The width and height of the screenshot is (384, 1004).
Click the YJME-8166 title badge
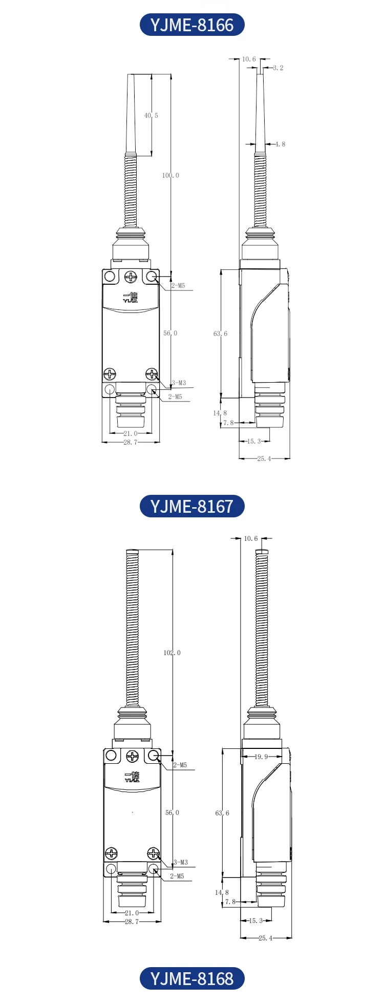192,25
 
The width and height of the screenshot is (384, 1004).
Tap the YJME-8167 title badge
192,506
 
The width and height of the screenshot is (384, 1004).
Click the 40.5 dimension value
151,116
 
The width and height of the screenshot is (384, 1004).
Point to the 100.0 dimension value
171,176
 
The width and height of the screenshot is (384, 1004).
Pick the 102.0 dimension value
172,653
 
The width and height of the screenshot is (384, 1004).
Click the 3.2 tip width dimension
278,68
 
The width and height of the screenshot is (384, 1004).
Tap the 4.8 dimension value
280,144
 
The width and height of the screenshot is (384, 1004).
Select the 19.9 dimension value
261,757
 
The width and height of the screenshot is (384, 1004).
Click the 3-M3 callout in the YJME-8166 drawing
179,383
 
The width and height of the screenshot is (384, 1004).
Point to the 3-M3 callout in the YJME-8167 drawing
180,863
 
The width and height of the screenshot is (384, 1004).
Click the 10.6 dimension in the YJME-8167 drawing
251,538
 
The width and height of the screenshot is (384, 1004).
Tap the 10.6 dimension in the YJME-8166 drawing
249,59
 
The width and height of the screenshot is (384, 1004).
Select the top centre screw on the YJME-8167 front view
133,756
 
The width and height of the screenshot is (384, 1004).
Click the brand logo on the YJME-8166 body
131,298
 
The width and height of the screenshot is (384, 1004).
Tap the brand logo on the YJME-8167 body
132,777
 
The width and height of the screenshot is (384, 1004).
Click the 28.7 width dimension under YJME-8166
131,442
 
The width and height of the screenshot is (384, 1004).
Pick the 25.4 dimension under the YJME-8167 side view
265,938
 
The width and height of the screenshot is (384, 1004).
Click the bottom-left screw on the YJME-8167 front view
111,853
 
